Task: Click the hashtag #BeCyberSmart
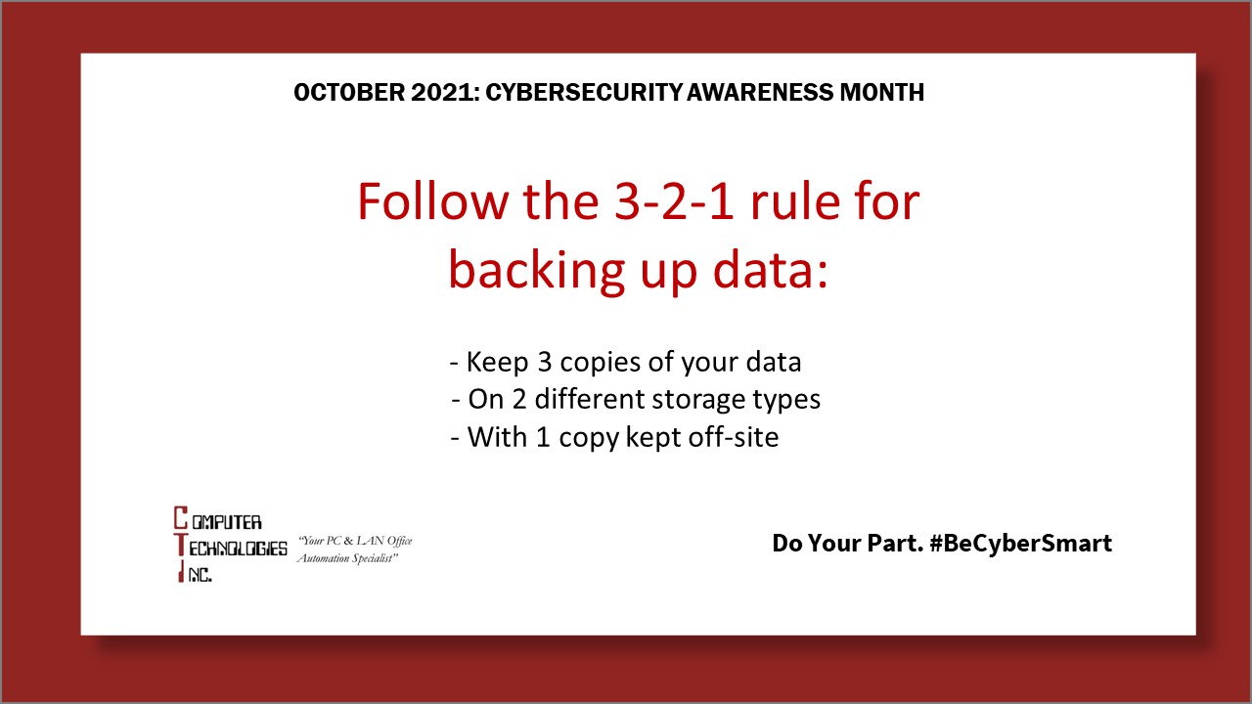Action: [1020, 544]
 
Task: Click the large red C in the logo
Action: [180, 518]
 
